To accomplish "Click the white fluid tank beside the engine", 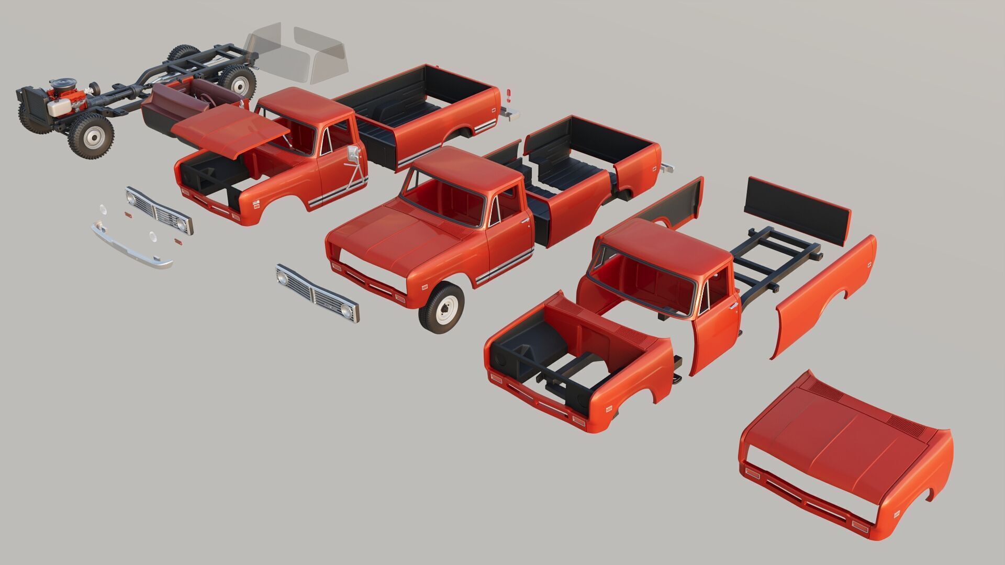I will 59,107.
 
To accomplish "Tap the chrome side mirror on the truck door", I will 354,154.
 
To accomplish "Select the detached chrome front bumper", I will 131,246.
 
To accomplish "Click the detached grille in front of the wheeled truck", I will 317,292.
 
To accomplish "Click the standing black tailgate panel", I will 796,209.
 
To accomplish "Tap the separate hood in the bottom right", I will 843,455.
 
